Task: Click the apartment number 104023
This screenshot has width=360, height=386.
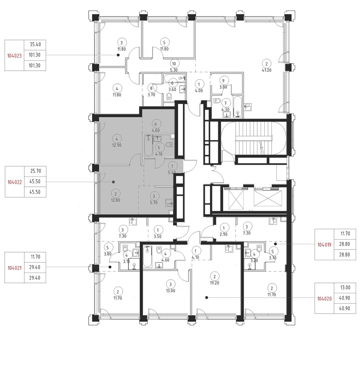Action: pos(14,56)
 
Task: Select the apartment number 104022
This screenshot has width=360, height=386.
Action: pos(15,182)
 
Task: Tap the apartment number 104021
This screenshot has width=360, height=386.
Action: pos(15,268)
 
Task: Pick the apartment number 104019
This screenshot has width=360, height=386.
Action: pos(324,245)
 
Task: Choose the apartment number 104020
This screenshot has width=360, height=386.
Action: pos(324,299)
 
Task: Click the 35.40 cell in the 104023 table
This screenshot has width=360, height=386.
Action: pos(35,45)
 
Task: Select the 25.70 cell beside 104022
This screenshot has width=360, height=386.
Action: pos(35,171)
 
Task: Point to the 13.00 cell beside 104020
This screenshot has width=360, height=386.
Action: pos(345,288)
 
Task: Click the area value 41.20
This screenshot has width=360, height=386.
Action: pos(267,70)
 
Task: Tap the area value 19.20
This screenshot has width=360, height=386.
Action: pos(214,283)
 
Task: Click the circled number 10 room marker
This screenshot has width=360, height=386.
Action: pos(174,64)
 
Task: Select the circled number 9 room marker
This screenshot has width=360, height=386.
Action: pos(223,80)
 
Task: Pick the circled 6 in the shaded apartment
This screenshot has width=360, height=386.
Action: pos(156,124)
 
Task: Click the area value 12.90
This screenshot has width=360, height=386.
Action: pos(117,145)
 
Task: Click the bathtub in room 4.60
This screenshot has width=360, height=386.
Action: pos(147,257)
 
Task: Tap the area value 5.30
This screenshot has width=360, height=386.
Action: pos(174,70)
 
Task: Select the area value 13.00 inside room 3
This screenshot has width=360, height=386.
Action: pos(170,291)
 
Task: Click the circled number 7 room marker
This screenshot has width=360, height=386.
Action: pos(225,103)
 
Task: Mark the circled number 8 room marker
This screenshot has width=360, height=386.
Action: pos(151,88)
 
